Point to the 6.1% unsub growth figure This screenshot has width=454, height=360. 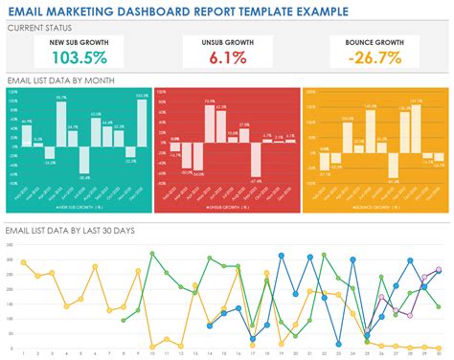point(227,59)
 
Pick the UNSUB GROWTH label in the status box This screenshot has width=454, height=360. point(227,43)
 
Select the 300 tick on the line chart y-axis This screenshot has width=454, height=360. point(9,259)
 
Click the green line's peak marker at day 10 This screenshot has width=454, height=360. point(153,254)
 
